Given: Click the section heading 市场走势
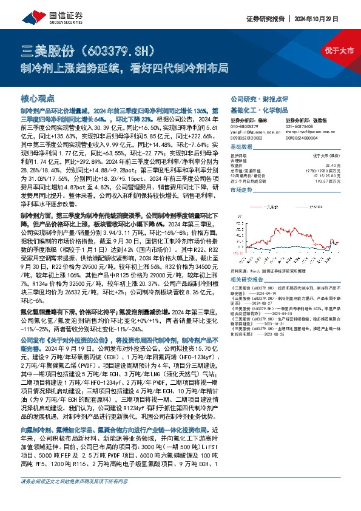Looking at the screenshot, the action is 241,190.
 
